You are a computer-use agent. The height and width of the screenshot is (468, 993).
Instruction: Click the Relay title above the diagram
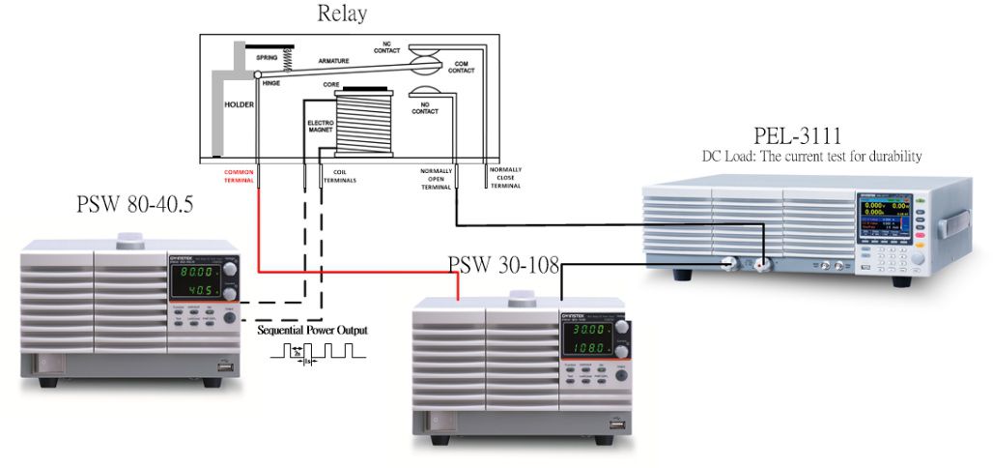click(342, 15)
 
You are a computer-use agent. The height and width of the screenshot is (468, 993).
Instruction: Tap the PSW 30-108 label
click(503, 265)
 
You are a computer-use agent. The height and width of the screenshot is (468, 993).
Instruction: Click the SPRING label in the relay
click(268, 58)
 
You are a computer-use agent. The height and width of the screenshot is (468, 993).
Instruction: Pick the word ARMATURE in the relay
click(334, 60)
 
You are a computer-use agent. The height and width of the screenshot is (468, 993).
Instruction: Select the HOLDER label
click(240, 103)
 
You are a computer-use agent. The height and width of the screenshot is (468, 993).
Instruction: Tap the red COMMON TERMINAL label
click(239, 175)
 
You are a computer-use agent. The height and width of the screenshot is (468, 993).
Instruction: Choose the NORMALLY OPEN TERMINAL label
click(436, 179)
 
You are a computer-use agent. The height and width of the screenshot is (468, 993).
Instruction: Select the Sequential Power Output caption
click(312, 330)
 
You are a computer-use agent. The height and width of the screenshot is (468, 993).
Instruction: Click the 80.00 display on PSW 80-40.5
click(196, 274)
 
